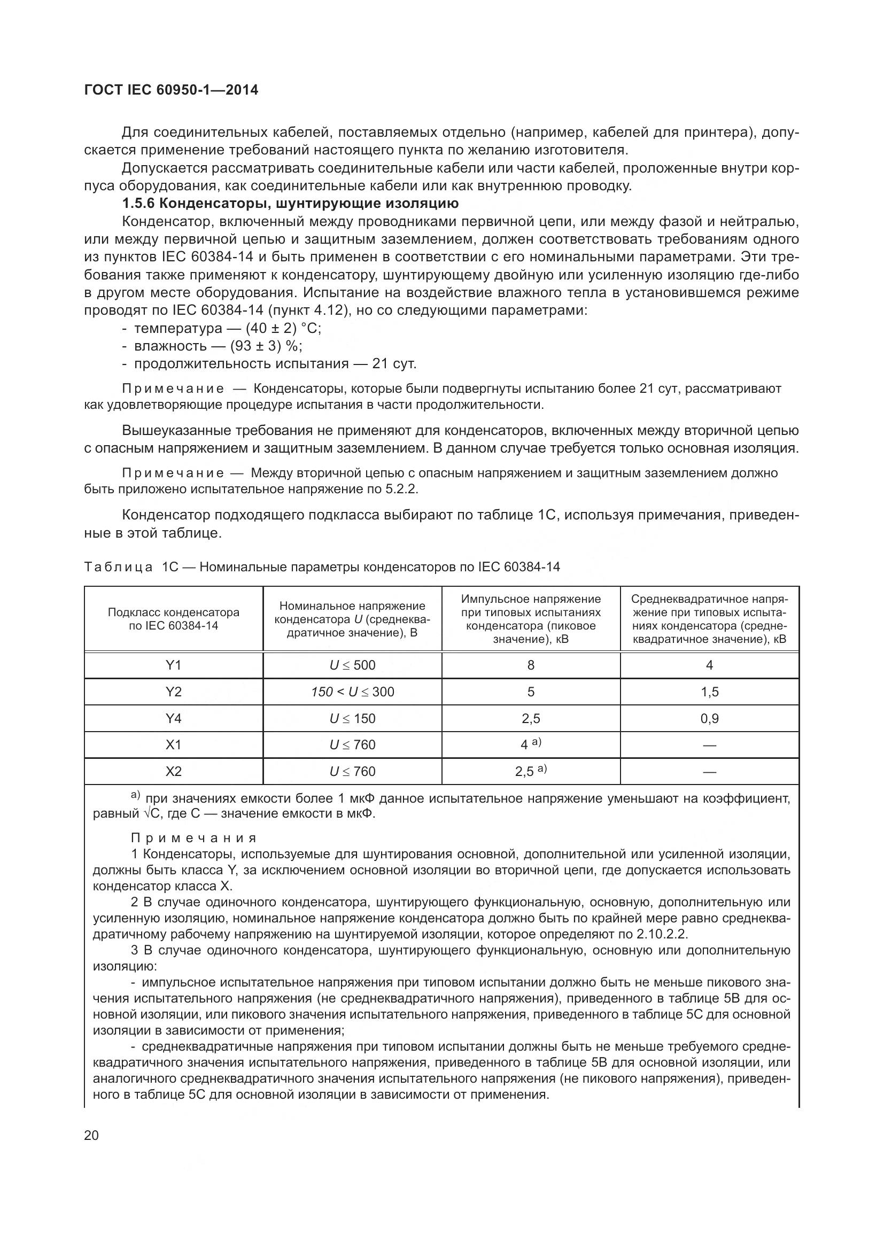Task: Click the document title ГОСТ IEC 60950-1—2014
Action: (x=171, y=90)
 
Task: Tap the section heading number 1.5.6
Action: (x=139, y=204)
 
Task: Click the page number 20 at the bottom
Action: (x=91, y=1136)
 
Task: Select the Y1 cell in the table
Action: (x=173, y=665)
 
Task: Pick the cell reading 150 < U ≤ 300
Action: (x=352, y=692)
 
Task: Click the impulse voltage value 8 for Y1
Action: (x=531, y=665)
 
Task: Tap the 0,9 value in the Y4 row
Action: (x=709, y=719)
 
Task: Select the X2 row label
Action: (x=173, y=772)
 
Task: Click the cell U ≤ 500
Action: (x=352, y=665)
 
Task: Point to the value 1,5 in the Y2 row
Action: (x=709, y=692)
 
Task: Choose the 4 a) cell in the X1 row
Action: (x=531, y=744)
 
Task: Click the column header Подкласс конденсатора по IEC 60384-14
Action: (x=173, y=618)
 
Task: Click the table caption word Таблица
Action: (x=119, y=568)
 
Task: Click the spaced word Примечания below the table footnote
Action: (x=194, y=838)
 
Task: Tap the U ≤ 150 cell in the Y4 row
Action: (x=352, y=719)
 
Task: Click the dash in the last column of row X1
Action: (x=709, y=746)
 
